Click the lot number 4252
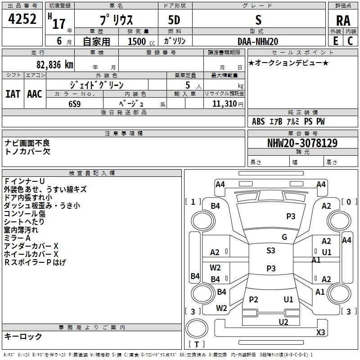(22, 19)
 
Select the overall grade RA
(343, 21)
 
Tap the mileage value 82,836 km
(54, 65)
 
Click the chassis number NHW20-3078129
(302, 143)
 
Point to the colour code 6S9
(75, 104)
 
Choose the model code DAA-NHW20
(258, 41)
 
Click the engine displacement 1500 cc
(141, 41)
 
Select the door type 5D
(174, 20)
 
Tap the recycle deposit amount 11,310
(225, 104)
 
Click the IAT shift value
(13, 94)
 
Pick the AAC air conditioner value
(35, 94)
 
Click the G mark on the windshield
(284, 237)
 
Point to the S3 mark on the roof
(271, 250)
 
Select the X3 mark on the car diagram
(320, 332)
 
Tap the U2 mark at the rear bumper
(283, 322)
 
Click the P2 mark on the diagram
(253, 299)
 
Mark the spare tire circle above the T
(197, 328)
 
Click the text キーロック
(23, 336)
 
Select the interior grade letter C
(350, 41)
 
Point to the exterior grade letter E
(336, 41)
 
